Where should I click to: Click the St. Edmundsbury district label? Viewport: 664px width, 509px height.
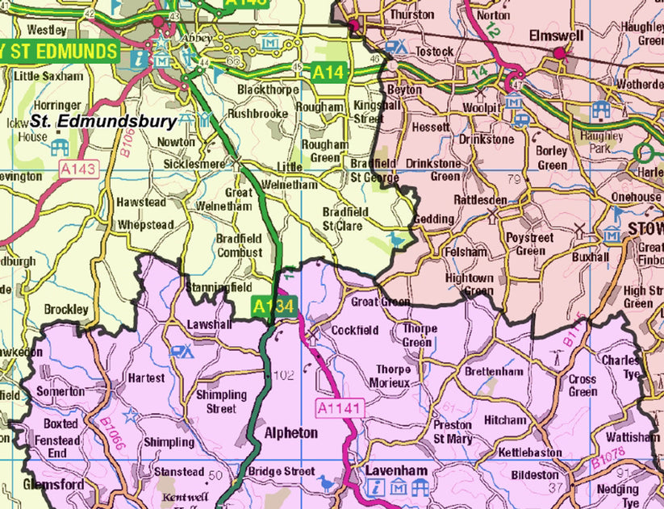click(x=102, y=122)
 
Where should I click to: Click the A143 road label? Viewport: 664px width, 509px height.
click(x=77, y=169)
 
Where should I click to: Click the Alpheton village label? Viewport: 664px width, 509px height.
click(x=291, y=433)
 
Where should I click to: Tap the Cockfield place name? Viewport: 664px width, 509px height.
click(x=355, y=331)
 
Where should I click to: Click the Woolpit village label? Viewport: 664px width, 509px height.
click(x=482, y=107)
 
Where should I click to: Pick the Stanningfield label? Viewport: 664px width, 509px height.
click(x=219, y=286)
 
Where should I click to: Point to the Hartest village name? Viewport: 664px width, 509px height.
click(x=146, y=378)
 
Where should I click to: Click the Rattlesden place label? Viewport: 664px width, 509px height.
click(x=480, y=199)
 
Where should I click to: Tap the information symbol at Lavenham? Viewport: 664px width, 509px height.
click(x=376, y=486)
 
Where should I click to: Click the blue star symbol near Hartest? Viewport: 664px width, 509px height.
click(x=130, y=414)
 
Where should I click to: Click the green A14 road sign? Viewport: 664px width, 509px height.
click(x=328, y=73)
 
